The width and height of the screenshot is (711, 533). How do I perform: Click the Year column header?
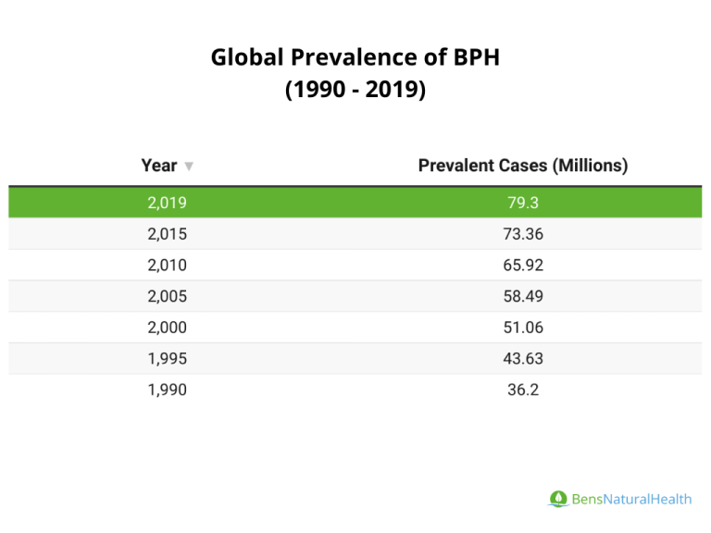(158, 166)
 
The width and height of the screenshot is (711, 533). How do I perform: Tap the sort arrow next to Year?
(189, 167)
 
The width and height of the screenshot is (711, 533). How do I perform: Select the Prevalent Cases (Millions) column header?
(523, 166)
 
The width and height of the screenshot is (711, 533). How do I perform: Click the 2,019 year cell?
(167, 203)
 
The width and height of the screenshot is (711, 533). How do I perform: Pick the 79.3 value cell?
(523, 203)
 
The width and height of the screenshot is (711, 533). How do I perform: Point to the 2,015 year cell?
(167, 234)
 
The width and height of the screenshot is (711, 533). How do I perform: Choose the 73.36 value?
(523, 234)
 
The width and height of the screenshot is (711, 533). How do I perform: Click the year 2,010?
(167, 266)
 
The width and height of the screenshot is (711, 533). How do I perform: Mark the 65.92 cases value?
(523, 266)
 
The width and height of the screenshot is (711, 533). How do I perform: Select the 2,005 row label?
(167, 297)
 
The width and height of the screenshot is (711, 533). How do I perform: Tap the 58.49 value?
(523, 297)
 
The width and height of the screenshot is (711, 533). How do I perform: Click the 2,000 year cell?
(167, 328)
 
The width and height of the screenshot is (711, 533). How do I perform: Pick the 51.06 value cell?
(523, 328)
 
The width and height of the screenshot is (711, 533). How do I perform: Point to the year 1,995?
(167, 359)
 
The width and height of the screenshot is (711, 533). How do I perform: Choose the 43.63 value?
(523, 359)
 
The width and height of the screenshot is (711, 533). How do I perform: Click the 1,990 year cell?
(167, 390)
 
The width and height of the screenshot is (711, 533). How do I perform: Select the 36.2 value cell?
(523, 390)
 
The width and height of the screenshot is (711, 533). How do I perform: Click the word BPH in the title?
(477, 58)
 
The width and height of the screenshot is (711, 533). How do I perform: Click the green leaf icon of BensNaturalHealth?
(557, 499)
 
